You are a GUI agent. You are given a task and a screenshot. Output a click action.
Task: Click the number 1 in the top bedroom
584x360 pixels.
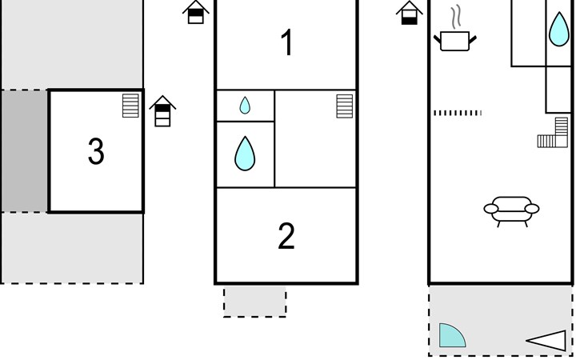point(286,42)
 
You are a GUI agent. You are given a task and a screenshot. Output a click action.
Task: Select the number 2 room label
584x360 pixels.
point(286,236)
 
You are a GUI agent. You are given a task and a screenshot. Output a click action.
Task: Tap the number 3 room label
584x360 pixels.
point(96,151)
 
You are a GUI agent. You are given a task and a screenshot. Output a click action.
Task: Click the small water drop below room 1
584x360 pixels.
point(245,106)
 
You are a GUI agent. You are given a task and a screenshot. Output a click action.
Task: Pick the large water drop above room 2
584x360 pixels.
point(245,154)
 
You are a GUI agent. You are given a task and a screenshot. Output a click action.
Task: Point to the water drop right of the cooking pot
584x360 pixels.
point(559,29)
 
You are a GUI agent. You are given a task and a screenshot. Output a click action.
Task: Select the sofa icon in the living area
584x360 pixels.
point(511,211)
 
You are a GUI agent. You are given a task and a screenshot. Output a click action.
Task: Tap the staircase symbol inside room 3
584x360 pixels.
point(130,106)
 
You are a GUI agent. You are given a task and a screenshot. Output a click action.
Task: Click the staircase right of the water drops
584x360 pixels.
point(345,106)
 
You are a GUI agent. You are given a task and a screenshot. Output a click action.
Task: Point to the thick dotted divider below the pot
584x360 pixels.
point(458,113)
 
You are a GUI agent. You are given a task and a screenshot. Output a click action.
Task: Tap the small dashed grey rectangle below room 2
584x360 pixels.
point(254,302)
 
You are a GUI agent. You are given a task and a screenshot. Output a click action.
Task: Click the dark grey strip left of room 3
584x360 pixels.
point(25,150)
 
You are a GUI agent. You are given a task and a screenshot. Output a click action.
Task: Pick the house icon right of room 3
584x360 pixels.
point(162,111)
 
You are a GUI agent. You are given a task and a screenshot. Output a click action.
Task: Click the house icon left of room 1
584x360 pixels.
point(196,12)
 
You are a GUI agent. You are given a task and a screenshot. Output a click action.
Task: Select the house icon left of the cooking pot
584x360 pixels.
point(410,13)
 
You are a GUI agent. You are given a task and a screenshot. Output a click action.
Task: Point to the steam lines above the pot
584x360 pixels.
point(456,17)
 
